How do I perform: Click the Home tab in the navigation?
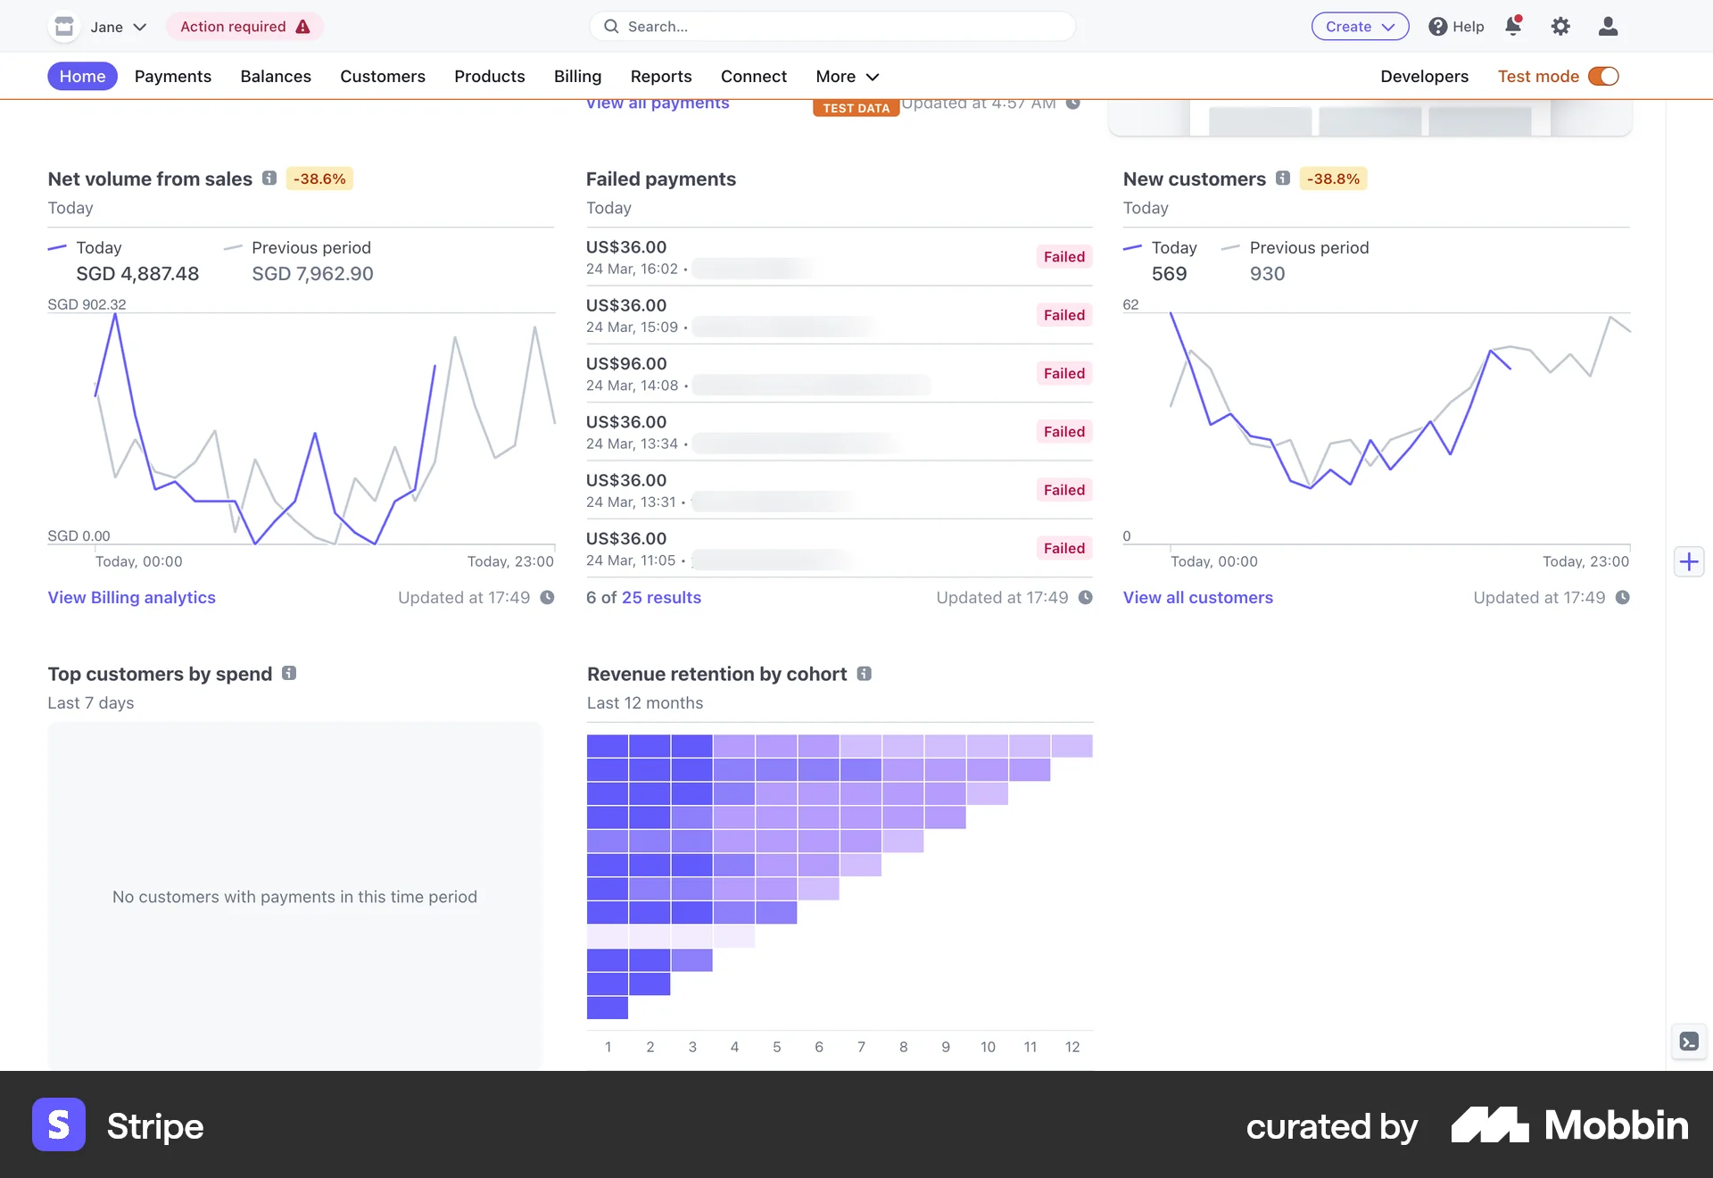pyautogui.click(x=82, y=77)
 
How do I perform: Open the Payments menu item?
pyautogui.click(x=172, y=77)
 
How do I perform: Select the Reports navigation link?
pyautogui.click(x=660, y=77)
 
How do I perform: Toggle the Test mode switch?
pyautogui.click(x=1603, y=77)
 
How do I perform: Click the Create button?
pyautogui.click(x=1359, y=27)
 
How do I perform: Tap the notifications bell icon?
pyautogui.click(x=1513, y=27)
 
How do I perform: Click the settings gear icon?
pyautogui.click(x=1560, y=27)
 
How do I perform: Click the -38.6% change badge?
pyautogui.click(x=319, y=179)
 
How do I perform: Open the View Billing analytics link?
pyautogui.click(x=131, y=598)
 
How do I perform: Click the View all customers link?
pyautogui.click(x=1197, y=598)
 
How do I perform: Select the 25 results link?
pyautogui.click(x=661, y=598)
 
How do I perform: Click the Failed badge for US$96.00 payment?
pyautogui.click(x=1063, y=374)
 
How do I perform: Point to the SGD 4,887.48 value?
pyautogui.click(x=137, y=274)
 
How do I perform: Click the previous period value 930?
pyautogui.click(x=1267, y=274)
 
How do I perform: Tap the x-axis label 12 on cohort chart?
pyautogui.click(x=1072, y=1047)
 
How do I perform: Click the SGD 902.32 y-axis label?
pyautogui.click(x=87, y=304)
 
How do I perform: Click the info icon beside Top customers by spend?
pyautogui.click(x=289, y=674)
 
